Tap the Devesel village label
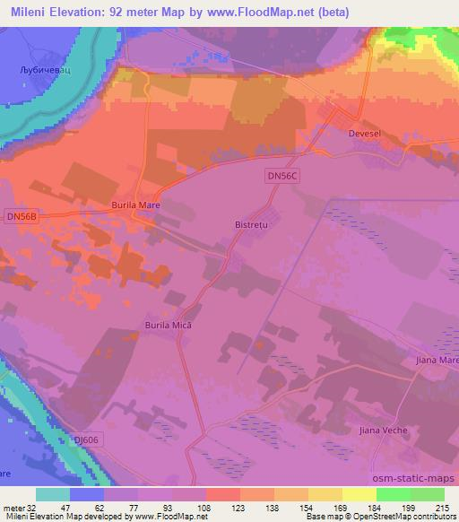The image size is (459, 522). (x=365, y=133)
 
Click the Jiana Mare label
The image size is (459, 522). (x=437, y=360)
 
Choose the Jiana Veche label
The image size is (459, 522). (x=386, y=431)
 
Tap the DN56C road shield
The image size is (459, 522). (x=281, y=178)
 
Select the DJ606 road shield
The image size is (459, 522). (x=87, y=439)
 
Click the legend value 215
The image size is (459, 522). (x=443, y=507)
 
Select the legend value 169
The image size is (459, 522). (x=342, y=507)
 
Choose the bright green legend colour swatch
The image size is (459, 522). (x=394, y=494)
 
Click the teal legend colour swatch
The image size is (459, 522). (x=53, y=494)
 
